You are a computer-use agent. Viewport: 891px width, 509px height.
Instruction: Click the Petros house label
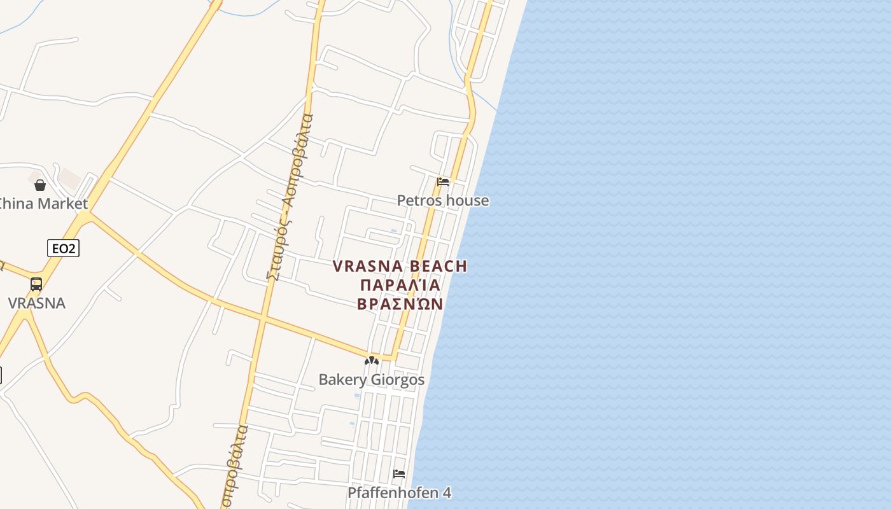(443, 200)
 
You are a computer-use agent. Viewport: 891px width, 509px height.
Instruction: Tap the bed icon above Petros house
(443, 181)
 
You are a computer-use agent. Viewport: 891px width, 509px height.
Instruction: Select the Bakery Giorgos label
(371, 380)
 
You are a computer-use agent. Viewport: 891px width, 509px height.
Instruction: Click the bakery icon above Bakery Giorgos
(372, 361)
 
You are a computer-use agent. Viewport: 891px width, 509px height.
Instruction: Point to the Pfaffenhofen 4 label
(399, 493)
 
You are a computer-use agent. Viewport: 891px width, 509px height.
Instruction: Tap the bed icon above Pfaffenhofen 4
(399, 474)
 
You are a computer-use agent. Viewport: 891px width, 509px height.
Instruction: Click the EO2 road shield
(63, 248)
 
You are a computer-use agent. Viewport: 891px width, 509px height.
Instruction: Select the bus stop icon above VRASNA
(36, 284)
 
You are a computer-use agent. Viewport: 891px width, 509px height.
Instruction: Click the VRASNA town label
(36, 303)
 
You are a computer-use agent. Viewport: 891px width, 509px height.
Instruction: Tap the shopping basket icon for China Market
(40, 185)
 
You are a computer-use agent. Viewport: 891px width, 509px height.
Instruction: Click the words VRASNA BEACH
(400, 266)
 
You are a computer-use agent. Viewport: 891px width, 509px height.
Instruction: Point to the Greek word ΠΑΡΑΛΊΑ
(400, 284)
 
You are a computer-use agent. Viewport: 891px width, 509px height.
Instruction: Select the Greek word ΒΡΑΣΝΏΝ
(400, 303)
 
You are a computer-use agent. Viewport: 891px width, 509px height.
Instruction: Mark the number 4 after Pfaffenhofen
(447, 493)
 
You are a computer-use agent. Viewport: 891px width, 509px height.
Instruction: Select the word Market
(62, 204)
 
